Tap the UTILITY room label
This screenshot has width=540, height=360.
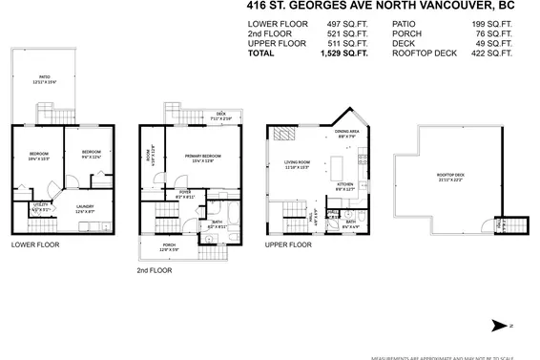39,204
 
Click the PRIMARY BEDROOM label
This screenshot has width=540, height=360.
208,158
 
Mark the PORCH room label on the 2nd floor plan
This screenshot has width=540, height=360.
169,246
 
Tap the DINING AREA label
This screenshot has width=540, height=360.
346,133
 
